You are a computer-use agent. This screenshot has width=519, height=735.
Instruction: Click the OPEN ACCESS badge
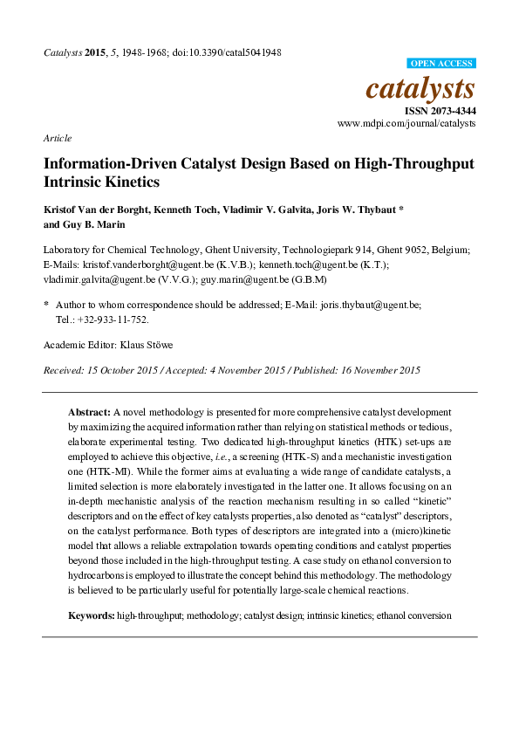coord(442,64)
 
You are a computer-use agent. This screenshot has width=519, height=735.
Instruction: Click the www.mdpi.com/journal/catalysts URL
coord(406,124)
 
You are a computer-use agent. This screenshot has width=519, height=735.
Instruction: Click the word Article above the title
coord(57,138)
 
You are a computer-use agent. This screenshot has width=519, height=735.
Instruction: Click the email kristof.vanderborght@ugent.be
coord(137,264)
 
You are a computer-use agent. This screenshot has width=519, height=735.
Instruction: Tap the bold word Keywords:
coord(92,615)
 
